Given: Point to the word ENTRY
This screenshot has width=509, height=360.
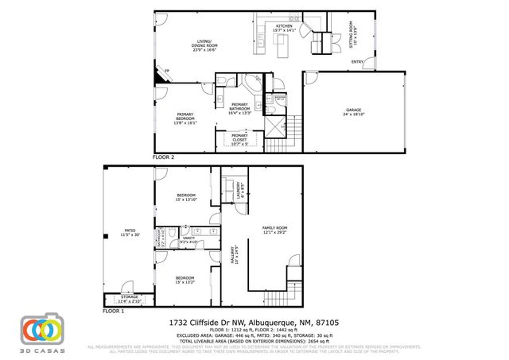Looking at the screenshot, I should point(358,63).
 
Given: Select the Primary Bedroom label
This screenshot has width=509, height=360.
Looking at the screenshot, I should point(185,120).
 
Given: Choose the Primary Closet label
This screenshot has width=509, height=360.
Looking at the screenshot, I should point(239,140).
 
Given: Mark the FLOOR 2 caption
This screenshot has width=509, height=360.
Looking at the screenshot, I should point(163,157).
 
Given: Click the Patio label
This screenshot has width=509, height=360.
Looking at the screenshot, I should point(130,234).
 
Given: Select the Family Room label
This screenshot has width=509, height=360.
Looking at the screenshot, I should point(275,231).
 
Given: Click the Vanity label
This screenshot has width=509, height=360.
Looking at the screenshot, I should point(189,239).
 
